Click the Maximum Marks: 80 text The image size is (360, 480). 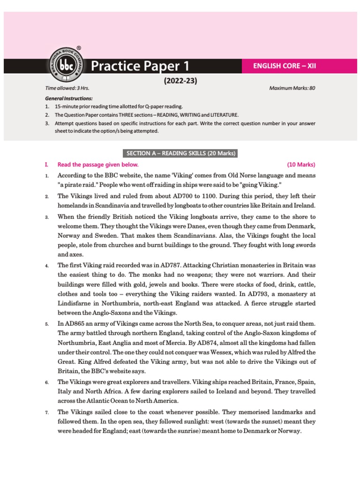coord(292,88)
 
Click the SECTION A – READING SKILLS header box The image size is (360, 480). coord(180,153)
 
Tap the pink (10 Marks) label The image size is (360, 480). coord(301,165)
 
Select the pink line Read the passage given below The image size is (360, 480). coord(98,165)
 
